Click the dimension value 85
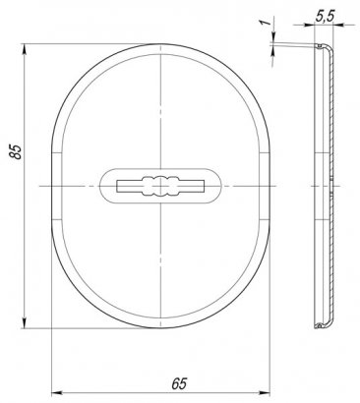point(16,151)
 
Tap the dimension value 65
point(179,383)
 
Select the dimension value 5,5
point(325,17)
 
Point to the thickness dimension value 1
point(267,23)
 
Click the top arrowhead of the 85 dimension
point(25,51)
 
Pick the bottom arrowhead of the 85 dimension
point(25,321)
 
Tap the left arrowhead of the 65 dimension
point(58,392)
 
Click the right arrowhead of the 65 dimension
point(264,392)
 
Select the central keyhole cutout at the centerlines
point(160,186)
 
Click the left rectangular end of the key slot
point(130,186)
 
